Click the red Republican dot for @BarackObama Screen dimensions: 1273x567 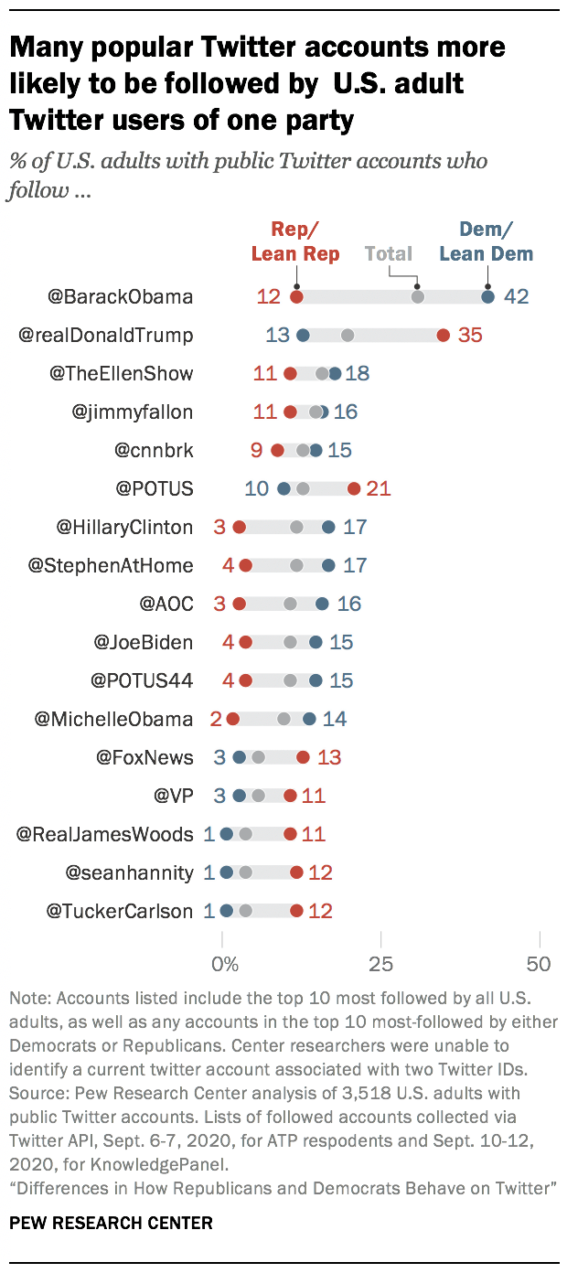(x=296, y=296)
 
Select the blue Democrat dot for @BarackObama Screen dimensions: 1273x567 (x=488, y=296)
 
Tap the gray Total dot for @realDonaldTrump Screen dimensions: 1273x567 (x=348, y=335)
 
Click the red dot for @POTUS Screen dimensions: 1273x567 (x=354, y=488)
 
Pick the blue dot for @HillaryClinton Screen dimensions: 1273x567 (x=328, y=527)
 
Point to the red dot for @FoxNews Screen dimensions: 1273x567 (x=303, y=757)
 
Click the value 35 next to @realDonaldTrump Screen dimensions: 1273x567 (x=470, y=335)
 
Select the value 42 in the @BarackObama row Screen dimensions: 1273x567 (x=517, y=296)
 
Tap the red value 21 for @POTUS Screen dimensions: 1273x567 (x=379, y=488)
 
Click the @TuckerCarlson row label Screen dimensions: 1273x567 (x=120, y=911)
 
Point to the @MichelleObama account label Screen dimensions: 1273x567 (x=113, y=719)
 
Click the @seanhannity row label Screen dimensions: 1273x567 (x=129, y=872)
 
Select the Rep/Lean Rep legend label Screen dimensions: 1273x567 (x=295, y=242)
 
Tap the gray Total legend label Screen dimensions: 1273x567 (x=389, y=253)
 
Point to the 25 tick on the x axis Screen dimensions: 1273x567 (x=381, y=964)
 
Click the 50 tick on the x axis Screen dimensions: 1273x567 (x=540, y=964)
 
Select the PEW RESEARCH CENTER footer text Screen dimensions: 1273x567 (x=111, y=1223)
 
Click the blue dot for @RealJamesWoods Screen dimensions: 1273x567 (x=227, y=834)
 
